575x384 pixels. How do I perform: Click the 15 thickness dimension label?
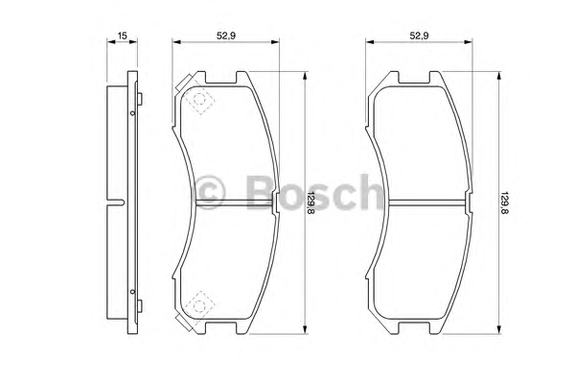122,36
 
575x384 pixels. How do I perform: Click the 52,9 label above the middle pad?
226,36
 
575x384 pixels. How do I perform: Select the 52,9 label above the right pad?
419,36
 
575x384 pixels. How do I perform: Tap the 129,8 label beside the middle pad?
310,204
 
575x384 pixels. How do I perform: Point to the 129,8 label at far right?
504,204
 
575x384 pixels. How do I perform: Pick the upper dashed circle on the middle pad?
199,99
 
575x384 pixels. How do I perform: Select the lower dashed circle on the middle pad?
199,305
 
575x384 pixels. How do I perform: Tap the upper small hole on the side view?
133,113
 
